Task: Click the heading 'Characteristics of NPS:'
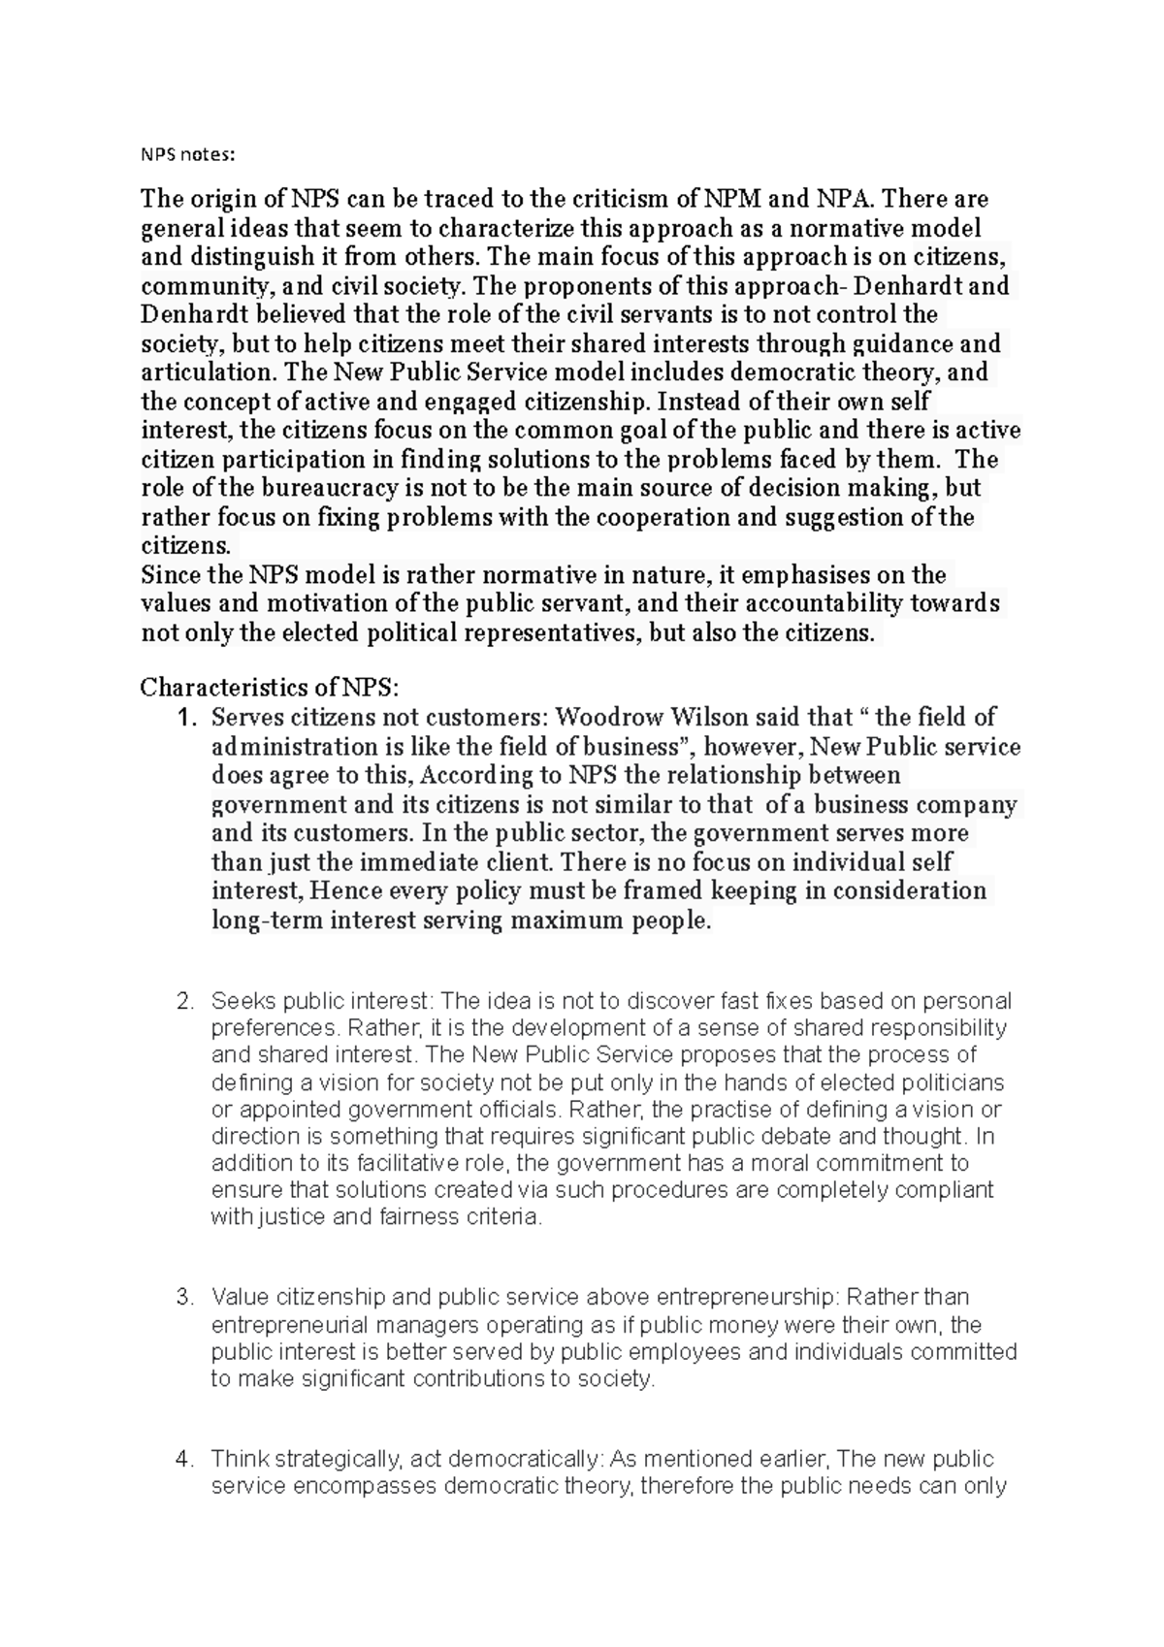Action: (x=269, y=688)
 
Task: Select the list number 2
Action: (x=185, y=1001)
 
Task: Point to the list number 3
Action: (x=185, y=1298)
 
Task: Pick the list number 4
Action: (x=185, y=1460)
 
